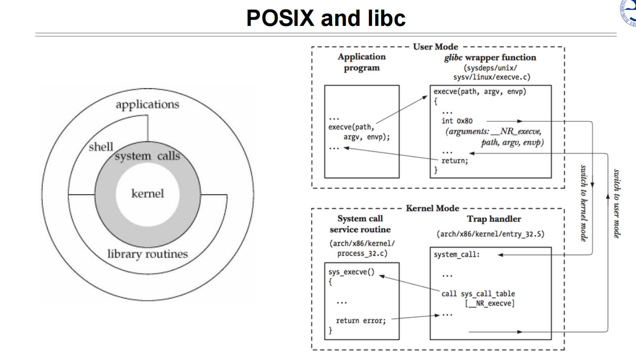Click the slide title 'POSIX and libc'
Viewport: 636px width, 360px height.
pyautogui.click(x=326, y=18)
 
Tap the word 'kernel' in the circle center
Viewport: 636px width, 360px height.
pyautogui.click(x=147, y=194)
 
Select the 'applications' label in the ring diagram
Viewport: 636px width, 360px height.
pyautogui.click(x=147, y=105)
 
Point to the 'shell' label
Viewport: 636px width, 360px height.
pyautogui.click(x=101, y=147)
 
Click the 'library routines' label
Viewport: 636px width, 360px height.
pyautogui.click(x=147, y=254)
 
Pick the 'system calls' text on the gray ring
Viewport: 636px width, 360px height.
pyautogui.click(x=147, y=156)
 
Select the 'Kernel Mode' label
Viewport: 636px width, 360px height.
pyautogui.click(x=432, y=208)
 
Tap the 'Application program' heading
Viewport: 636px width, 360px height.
pyautogui.click(x=362, y=62)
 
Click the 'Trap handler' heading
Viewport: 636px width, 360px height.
pyautogui.click(x=493, y=219)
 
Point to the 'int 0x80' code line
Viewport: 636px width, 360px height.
pyautogui.click(x=457, y=121)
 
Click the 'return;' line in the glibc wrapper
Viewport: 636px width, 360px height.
pyautogui.click(x=454, y=160)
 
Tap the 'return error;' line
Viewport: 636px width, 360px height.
pyautogui.click(x=361, y=320)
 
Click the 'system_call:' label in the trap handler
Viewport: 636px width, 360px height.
pyautogui.click(x=457, y=255)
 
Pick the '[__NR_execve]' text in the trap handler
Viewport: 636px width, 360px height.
pyautogui.click(x=489, y=303)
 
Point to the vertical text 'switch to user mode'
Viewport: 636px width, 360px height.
pyautogui.click(x=617, y=203)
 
